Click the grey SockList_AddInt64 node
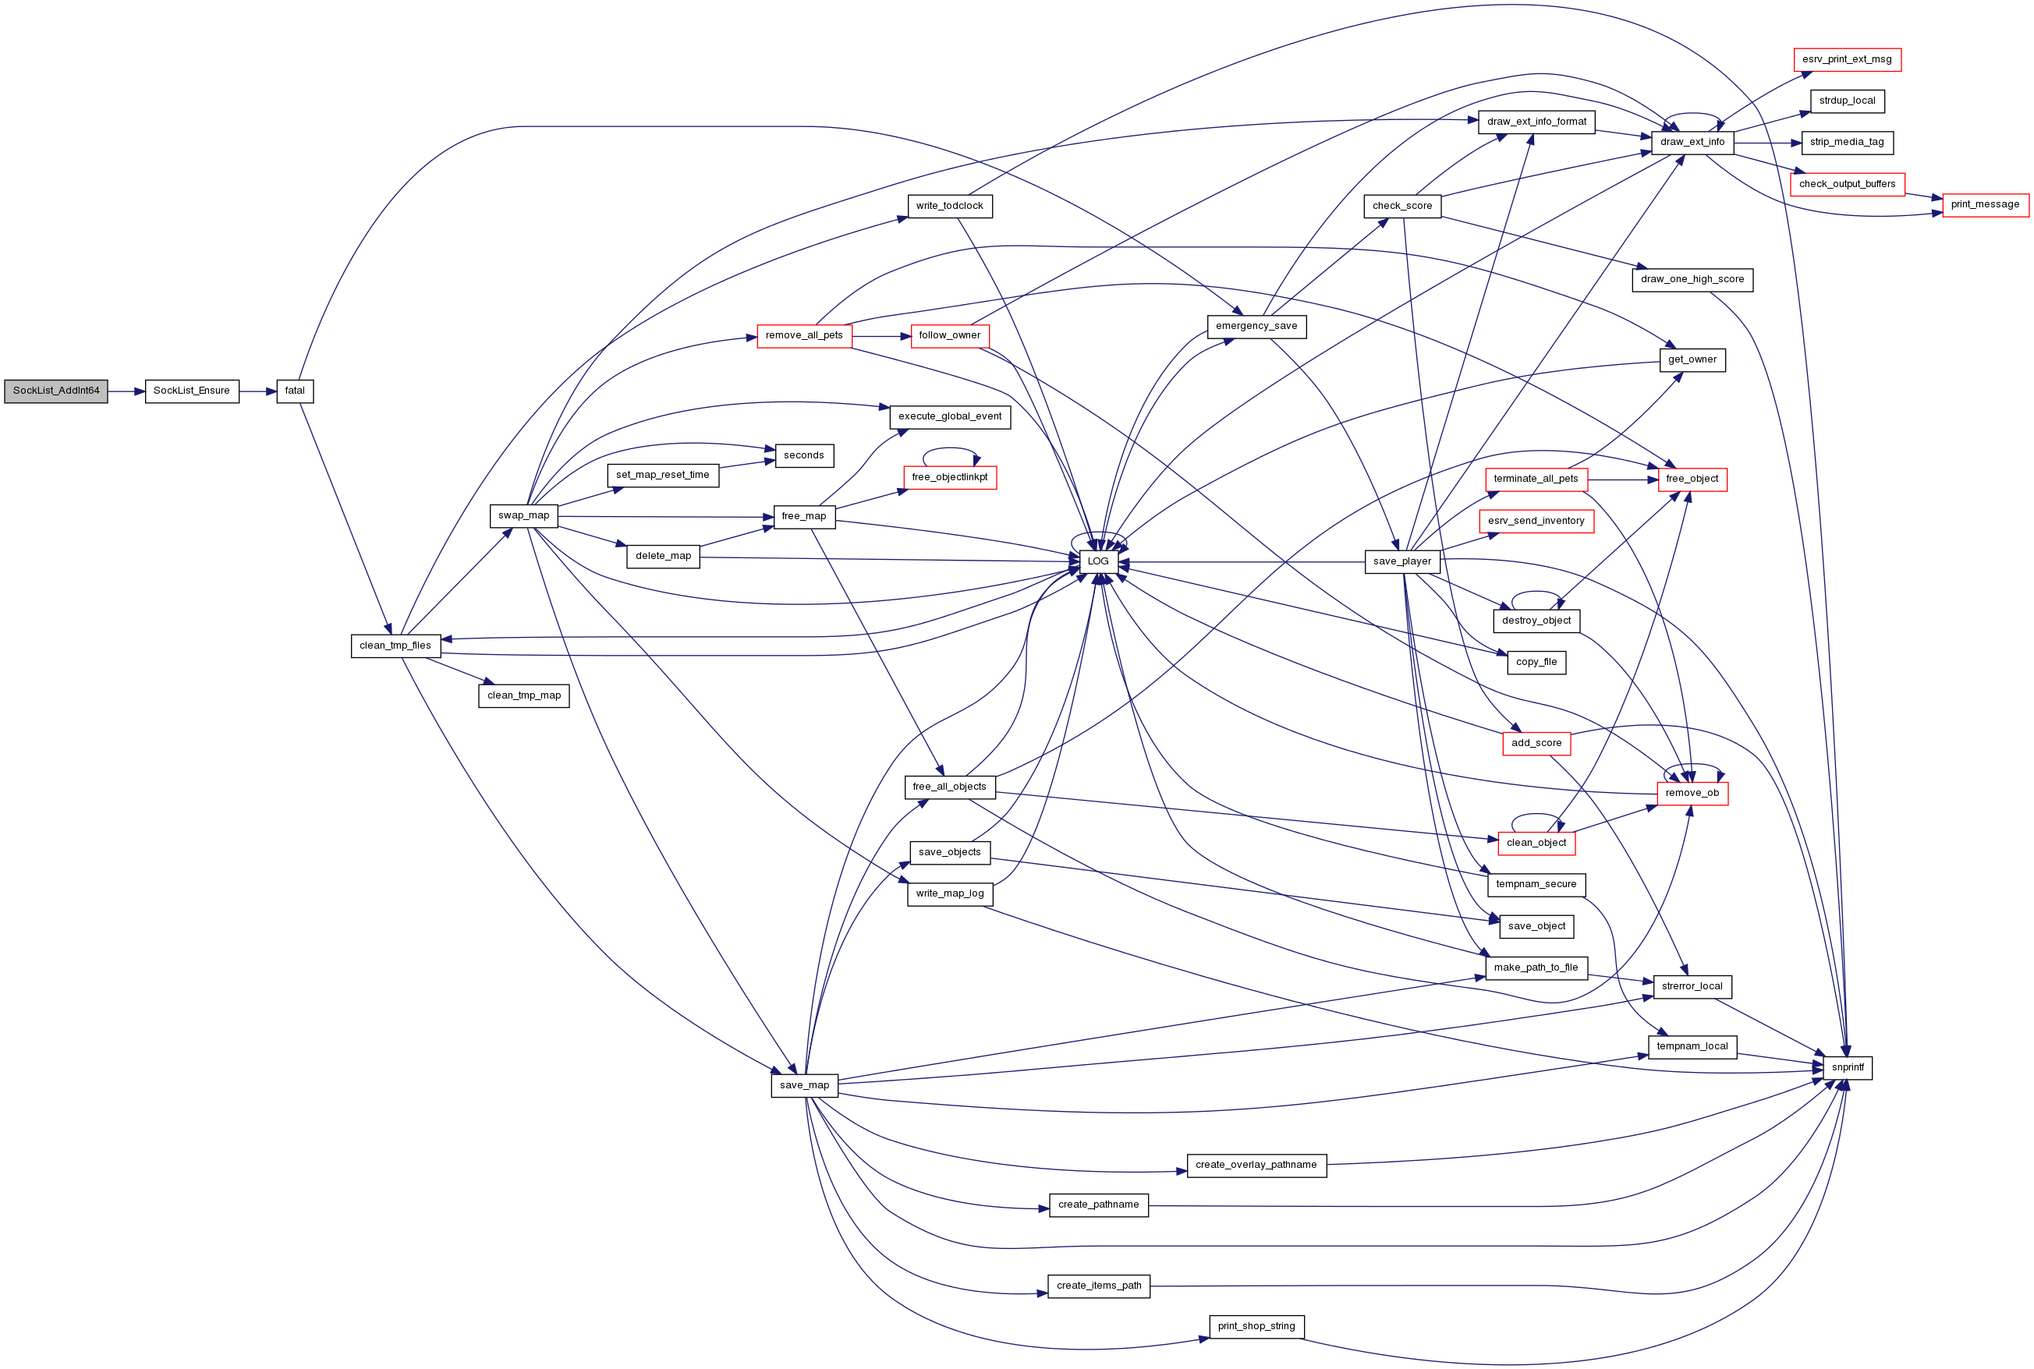click(56, 391)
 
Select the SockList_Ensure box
click(191, 391)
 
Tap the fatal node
click(295, 391)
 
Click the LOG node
click(1098, 561)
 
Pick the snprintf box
click(1847, 1068)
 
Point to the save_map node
click(804, 1085)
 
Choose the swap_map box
click(524, 516)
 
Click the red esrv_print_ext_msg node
click(1847, 59)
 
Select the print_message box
click(1985, 205)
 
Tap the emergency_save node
click(1256, 327)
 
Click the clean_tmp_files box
click(395, 646)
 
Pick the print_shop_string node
click(1256, 1326)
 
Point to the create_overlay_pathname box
click(1256, 1165)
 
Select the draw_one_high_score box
click(1692, 280)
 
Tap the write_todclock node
click(949, 206)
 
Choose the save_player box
click(1401, 561)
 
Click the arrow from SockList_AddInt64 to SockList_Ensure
click(126, 392)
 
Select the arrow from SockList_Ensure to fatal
click(257, 392)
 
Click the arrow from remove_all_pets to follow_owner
click(881, 336)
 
